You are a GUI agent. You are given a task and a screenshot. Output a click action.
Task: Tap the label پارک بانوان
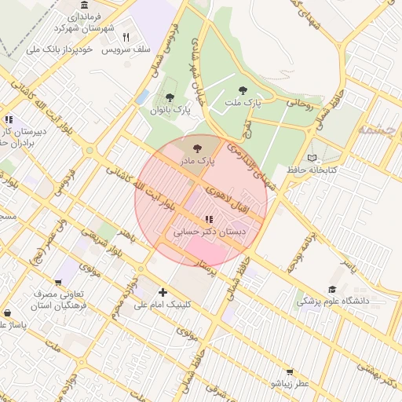tap(170, 111)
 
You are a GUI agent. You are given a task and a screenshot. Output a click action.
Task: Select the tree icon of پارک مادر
tap(196, 148)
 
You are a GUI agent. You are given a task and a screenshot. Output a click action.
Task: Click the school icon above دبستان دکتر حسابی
tap(208, 219)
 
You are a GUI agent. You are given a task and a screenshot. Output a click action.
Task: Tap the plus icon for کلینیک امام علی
tap(163, 292)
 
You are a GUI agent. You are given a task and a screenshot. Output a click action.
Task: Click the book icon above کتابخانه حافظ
tap(313, 158)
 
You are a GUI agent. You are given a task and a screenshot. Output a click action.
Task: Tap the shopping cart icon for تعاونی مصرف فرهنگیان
tap(58, 283)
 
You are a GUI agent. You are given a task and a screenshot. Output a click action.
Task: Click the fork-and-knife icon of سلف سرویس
tap(126, 36)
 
